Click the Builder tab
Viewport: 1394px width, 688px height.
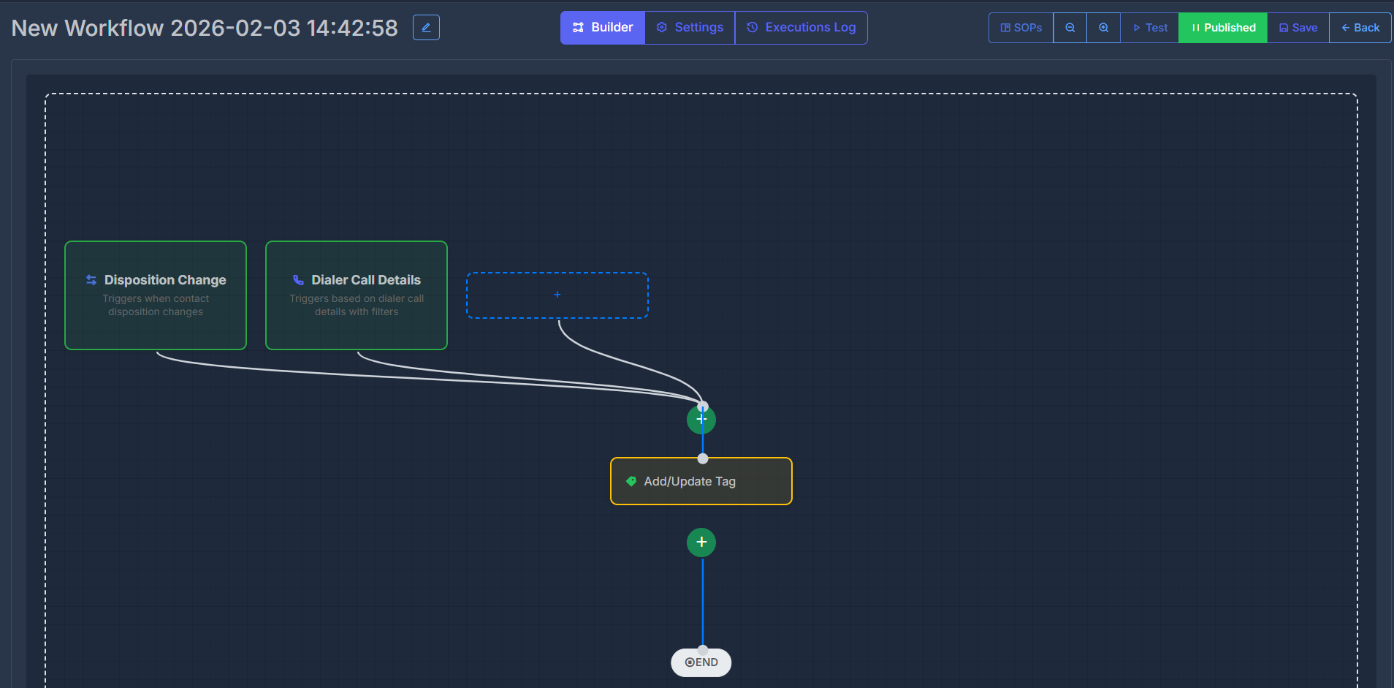tap(603, 28)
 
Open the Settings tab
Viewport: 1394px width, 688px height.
tap(690, 28)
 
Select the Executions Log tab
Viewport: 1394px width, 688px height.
tap(801, 28)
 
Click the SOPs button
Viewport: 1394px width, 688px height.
tap(1021, 28)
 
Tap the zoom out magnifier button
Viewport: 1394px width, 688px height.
tap(1070, 28)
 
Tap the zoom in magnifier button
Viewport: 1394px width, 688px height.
tap(1103, 28)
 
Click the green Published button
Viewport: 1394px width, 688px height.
tap(1222, 28)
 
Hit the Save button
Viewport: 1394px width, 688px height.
tap(1298, 28)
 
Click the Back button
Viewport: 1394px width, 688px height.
tap(1360, 28)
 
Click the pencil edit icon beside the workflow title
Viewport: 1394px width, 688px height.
tap(426, 28)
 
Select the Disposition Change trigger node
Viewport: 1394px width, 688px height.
tap(156, 295)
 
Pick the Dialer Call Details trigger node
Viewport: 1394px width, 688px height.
tap(357, 295)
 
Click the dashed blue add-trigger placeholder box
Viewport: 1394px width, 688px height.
tap(557, 295)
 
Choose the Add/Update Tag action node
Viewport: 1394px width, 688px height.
tap(701, 481)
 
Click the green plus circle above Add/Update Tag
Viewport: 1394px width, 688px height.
tap(701, 420)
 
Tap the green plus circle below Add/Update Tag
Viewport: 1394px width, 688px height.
tap(701, 542)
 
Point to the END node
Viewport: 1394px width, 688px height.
tap(701, 662)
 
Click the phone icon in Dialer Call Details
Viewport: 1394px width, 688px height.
tap(298, 280)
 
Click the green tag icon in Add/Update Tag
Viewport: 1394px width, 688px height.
tap(631, 481)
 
